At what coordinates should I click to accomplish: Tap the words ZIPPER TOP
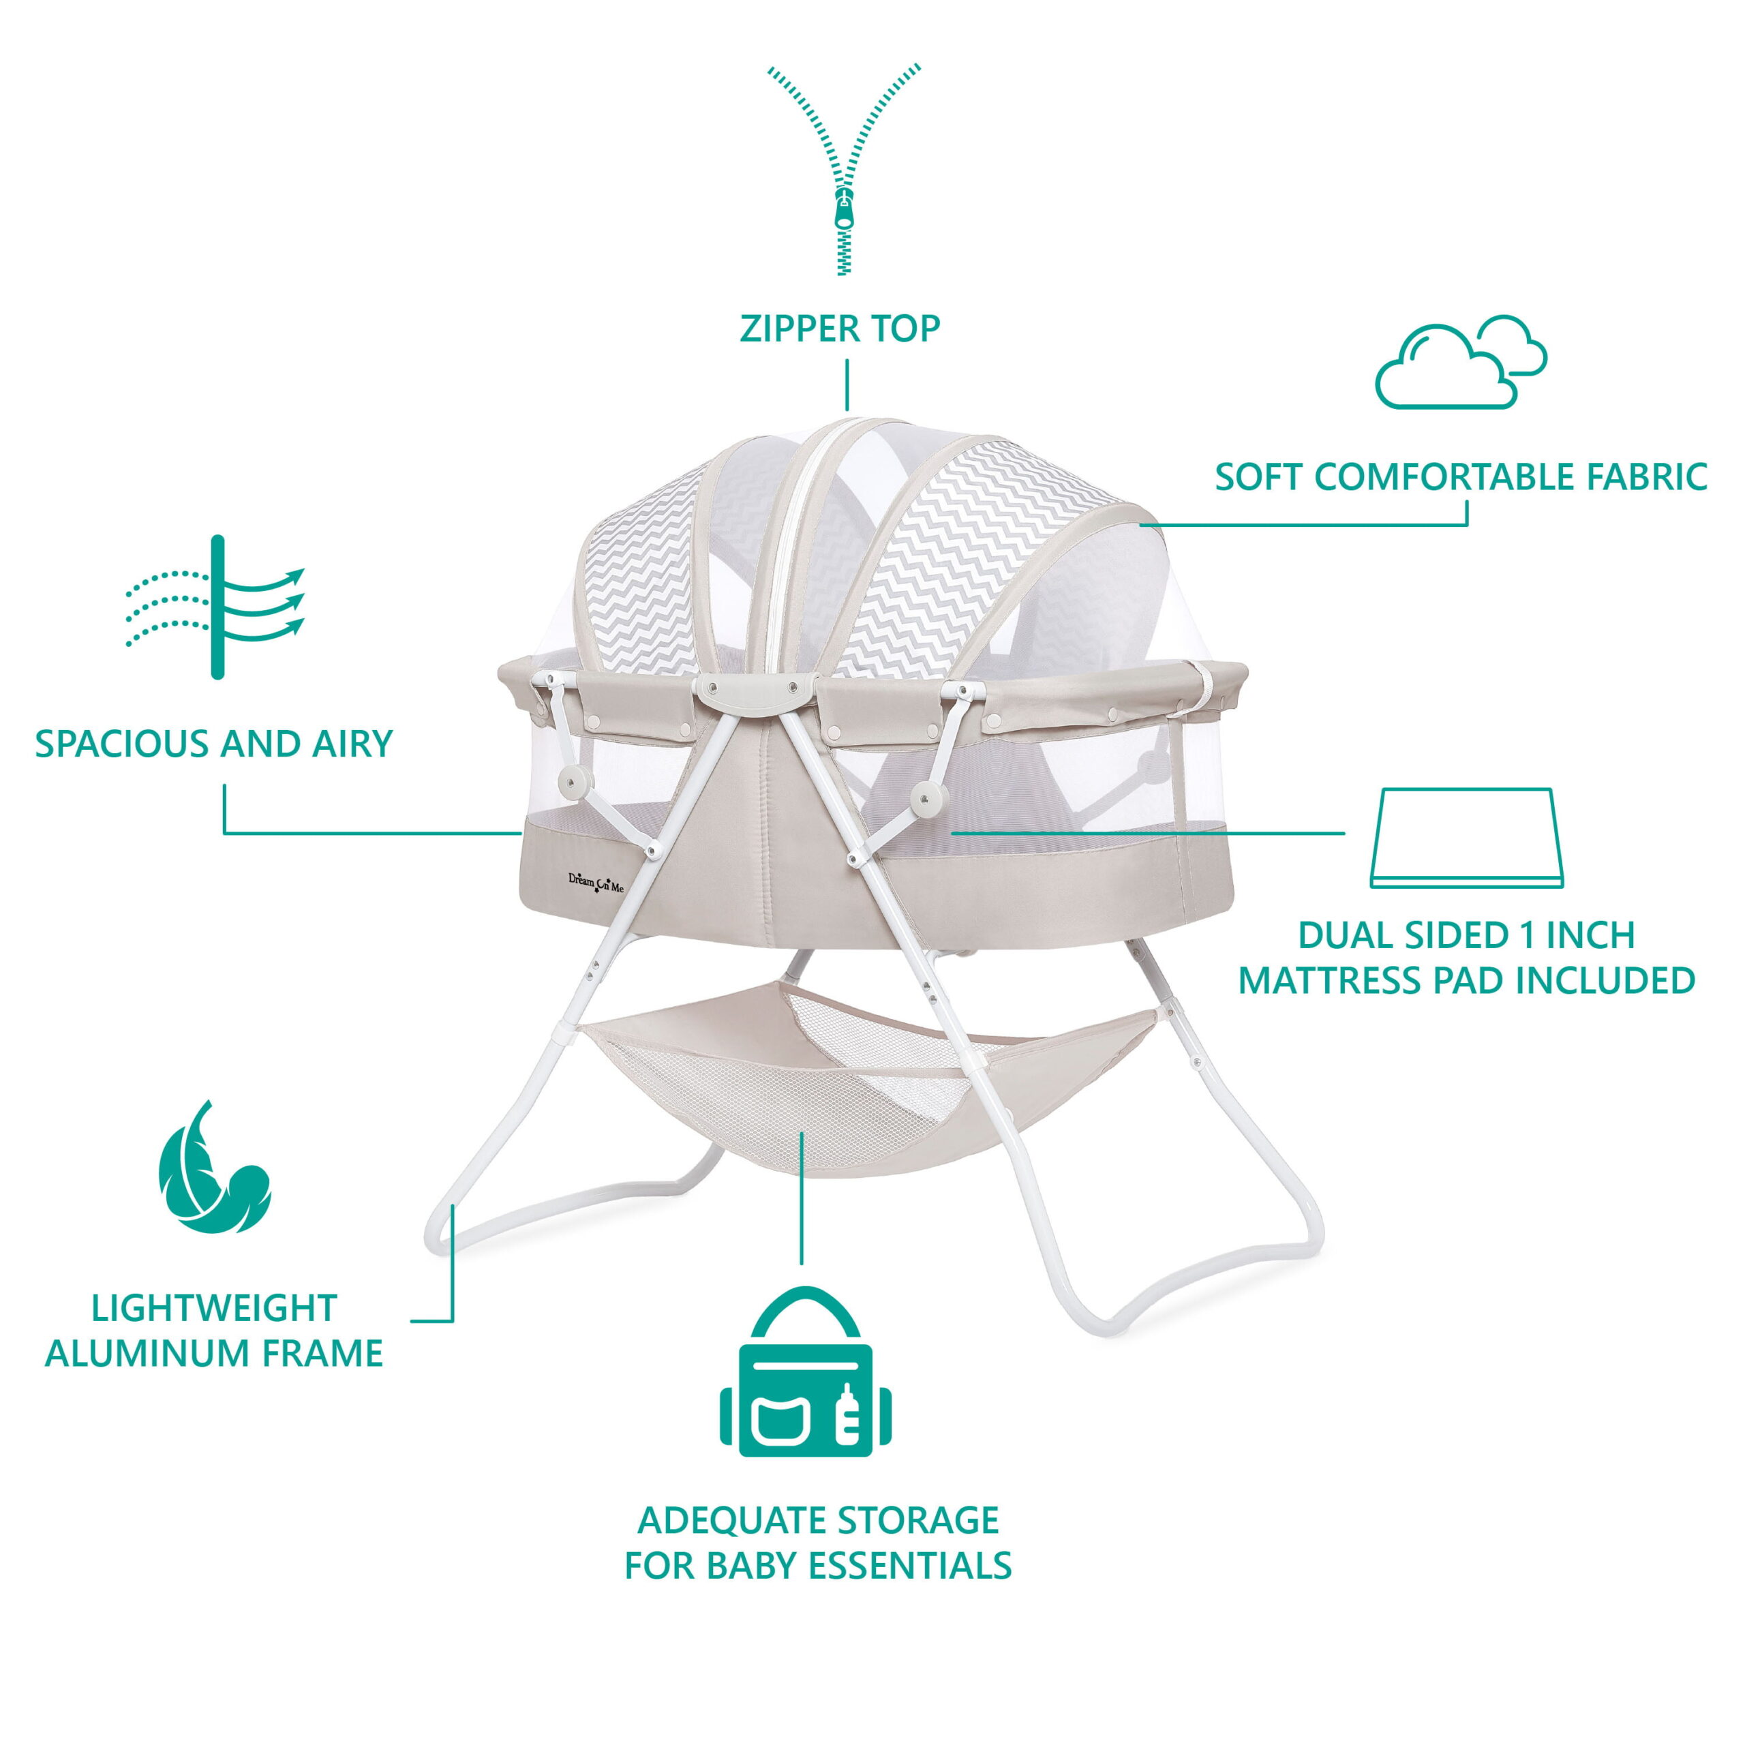click(x=840, y=329)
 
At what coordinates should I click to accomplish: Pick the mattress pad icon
click(x=1466, y=839)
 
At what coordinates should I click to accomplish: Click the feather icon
click(x=213, y=1167)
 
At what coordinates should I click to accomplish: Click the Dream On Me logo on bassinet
click(x=595, y=881)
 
